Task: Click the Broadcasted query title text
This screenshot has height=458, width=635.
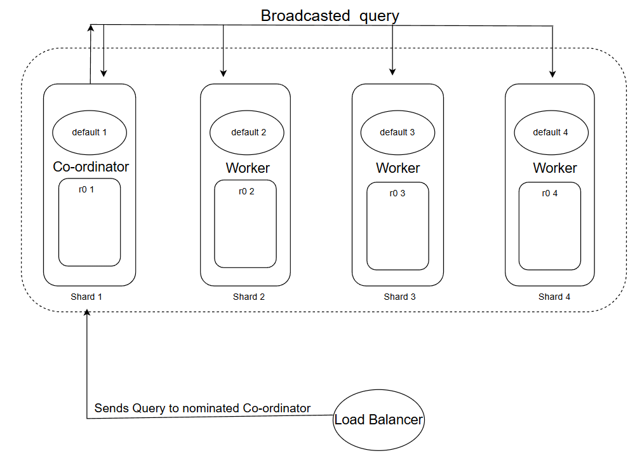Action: (330, 16)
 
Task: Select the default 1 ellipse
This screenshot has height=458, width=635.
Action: (90, 133)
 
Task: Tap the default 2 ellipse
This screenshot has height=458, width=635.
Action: (247, 133)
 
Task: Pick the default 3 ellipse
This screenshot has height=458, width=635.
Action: (398, 133)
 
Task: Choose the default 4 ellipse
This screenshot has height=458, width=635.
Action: (551, 133)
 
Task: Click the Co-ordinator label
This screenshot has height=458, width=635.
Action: (91, 167)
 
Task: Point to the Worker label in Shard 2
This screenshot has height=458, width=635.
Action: (248, 168)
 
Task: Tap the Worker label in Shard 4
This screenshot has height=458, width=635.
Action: (554, 168)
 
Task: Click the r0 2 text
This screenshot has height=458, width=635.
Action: (246, 191)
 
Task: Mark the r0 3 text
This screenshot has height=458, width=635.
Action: (398, 194)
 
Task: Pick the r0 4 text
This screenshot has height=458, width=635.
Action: (550, 193)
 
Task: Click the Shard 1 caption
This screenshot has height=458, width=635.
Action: (86, 297)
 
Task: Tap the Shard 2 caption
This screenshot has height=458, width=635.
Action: (249, 297)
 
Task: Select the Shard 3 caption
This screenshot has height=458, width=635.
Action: (400, 297)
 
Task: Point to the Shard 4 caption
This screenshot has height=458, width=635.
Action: (554, 297)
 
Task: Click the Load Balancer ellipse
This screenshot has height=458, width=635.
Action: (378, 420)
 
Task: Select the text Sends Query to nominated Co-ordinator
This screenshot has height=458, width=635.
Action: (203, 408)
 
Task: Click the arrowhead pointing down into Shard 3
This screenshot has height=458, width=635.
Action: (393, 71)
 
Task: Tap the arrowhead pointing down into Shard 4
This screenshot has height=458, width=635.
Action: (552, 74)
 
